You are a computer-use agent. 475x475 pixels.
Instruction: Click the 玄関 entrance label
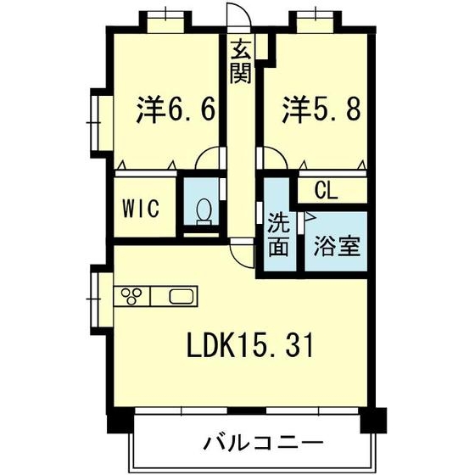tap(241, 62)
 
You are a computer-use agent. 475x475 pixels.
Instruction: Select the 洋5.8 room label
tap(321, 109)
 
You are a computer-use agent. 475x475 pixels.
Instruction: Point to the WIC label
tap(141, 208)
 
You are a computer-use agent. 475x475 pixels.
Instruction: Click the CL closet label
tap(326, 191)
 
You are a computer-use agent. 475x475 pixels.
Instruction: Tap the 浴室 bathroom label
tap(337, 245)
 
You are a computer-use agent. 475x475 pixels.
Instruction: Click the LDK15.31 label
tap(250, 344)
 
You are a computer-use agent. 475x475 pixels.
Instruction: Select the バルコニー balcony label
tap(263, 444)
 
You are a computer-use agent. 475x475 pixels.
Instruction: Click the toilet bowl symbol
tap(204, 212)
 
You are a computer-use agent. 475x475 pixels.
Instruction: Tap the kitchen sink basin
tap(182, 296)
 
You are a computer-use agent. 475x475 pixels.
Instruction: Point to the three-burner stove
tap(131, 296)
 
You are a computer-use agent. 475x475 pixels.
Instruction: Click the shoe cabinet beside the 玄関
tap(262, 47)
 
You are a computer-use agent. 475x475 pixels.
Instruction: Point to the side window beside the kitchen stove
tap(99, 299)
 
